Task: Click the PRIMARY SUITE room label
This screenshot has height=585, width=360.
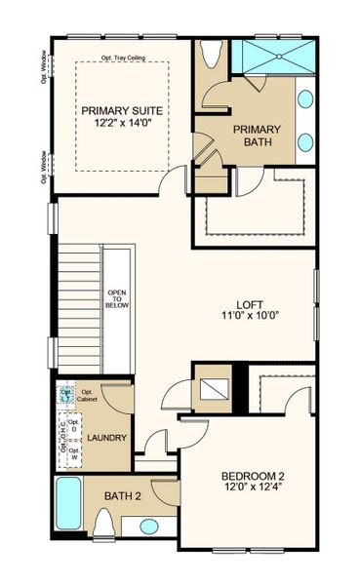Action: [122, 110]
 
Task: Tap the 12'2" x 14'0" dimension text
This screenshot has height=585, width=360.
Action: [122, 124]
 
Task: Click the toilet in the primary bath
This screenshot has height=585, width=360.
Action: [211, 57]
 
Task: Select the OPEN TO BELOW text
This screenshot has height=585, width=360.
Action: [117, 298]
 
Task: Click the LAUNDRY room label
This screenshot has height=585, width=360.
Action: [107, 438]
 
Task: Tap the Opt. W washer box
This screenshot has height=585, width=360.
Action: [86, 452]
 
